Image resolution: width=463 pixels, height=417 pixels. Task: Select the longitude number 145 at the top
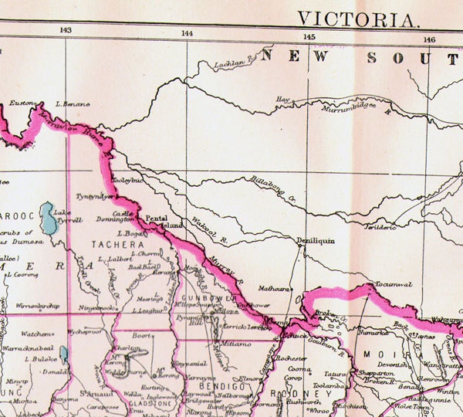click(309, 36)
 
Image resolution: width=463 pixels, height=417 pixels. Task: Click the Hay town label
click(282, 100)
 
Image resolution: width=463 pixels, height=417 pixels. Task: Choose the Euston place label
click(23, 103)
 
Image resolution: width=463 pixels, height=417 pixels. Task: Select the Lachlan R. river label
click(232, 62)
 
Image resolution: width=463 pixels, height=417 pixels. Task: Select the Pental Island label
click(164, 222)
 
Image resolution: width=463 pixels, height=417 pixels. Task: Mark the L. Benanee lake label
click(73, 103)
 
